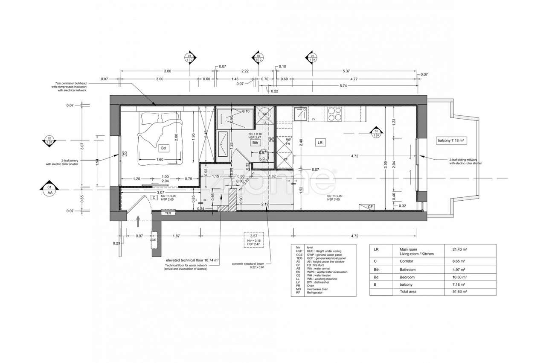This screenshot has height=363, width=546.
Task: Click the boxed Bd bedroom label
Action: coord(163,148)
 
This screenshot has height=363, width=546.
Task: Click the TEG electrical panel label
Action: coord(168,212)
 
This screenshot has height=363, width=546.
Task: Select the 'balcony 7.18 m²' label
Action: coord(450,140)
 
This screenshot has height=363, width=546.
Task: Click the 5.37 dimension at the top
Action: coord(346,71)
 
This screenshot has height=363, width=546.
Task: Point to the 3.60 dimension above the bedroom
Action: coord(167,71)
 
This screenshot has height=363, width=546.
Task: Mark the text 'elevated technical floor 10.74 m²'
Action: coord(192,260)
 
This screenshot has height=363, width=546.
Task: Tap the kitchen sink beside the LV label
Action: coord(301,114)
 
